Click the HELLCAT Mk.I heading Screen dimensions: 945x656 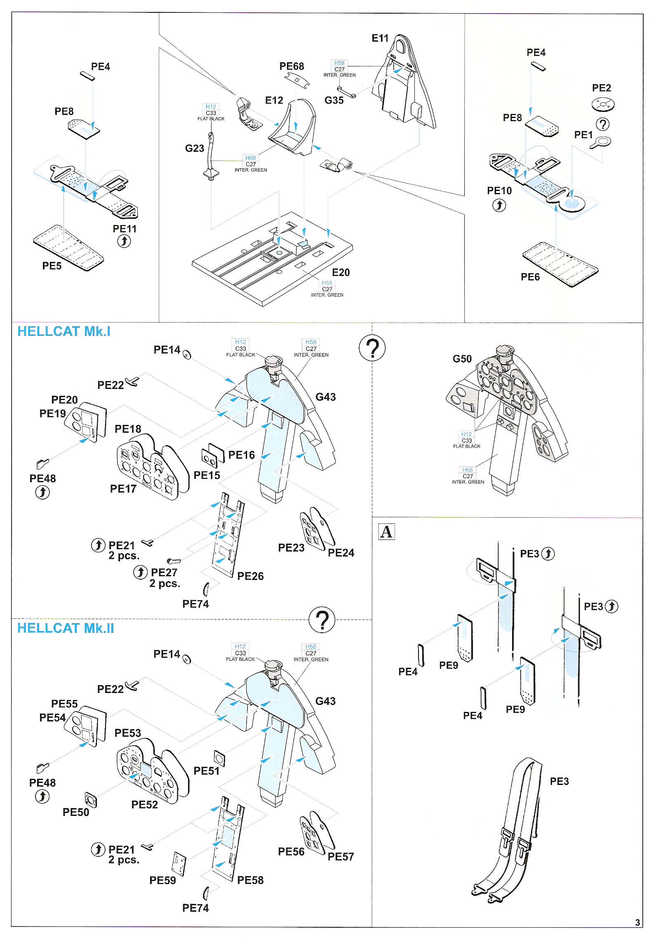coord(64,332)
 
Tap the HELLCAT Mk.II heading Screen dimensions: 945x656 coord(66,628)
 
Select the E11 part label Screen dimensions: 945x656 coord(380,38)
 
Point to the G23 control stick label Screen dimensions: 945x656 coord(195,148)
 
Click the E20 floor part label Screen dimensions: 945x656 coord(341,273)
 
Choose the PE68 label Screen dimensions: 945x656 coord(292,66)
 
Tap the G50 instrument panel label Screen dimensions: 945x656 coord(462,359)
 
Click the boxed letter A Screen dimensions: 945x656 coord(386,532)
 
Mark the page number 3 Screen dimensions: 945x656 coord(637,922)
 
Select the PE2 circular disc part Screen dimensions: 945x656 coord(603,104)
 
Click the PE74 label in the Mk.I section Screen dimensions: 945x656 coord(195,604)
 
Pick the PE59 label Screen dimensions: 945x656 coord(162,880)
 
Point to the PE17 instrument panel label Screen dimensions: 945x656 coord(123,489)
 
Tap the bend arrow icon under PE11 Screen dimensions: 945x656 coord(124,241)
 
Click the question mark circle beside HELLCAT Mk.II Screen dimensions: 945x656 coord(322,620)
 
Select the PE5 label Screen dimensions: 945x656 coord(52,266)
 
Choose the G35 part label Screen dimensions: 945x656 coord(334,101)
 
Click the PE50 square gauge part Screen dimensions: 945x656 coord(91,800)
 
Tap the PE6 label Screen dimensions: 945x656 coord(530,277)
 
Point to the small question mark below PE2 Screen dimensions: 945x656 coord(603,124)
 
